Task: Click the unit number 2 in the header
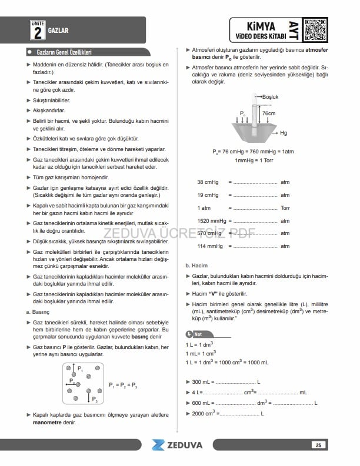click(37, 31)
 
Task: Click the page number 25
click(318, 445)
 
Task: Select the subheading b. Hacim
click(196, 266)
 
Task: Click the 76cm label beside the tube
click(269, 113)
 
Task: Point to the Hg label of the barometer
click(284, 133)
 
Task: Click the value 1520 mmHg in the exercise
click(209, 220)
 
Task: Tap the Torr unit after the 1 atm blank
click(286, 207)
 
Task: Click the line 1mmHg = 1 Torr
click(252, 160)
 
